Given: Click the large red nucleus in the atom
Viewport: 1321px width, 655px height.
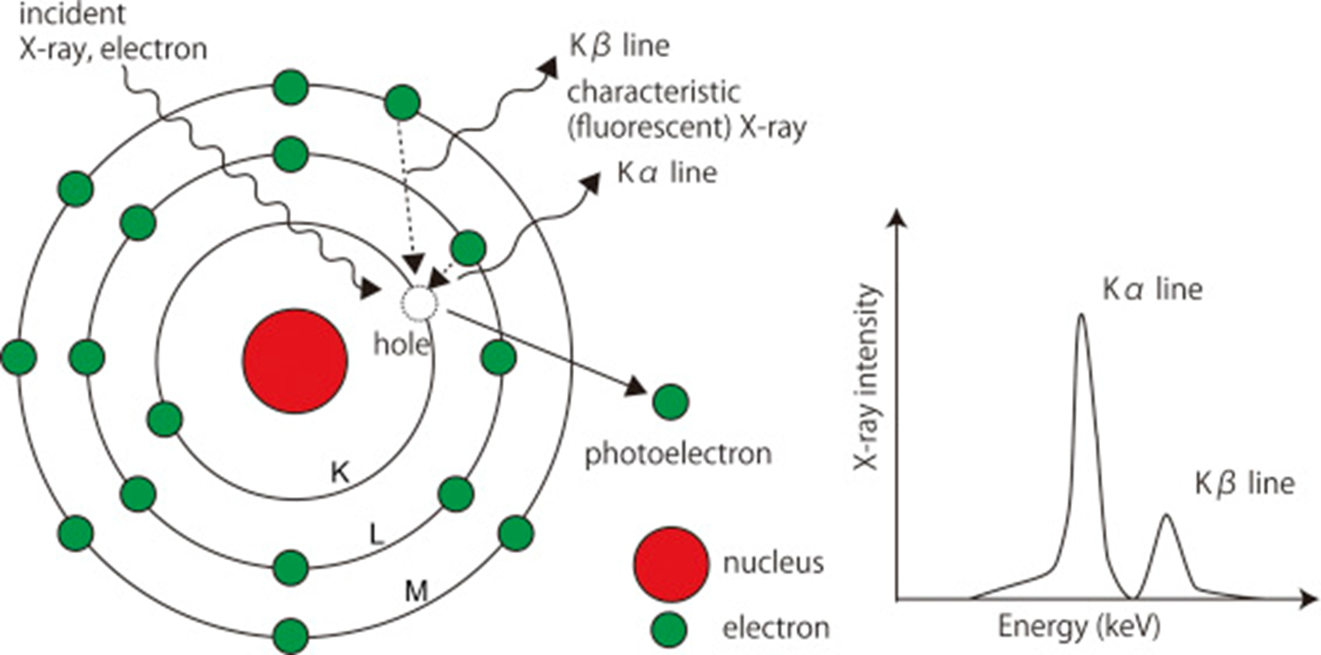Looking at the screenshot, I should point(295,360).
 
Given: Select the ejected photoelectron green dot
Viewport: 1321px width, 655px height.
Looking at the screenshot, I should point(671,402).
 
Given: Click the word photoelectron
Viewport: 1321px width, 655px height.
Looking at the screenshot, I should point(678,454).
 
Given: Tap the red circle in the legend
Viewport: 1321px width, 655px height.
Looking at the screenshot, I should point(671,561).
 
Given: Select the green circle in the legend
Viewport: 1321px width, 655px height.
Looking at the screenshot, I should point(671,627).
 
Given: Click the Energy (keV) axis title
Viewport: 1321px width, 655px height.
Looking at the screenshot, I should point(1079,627).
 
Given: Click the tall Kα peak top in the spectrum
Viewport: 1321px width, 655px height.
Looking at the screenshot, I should point(1081,316).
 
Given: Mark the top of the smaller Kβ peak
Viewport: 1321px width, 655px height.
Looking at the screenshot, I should point(1166,516).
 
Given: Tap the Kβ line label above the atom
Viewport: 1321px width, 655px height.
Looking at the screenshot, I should point(619,46).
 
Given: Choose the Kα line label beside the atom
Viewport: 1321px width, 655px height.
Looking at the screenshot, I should point(666,173).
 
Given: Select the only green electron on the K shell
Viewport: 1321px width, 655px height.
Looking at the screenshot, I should point(164,419).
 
